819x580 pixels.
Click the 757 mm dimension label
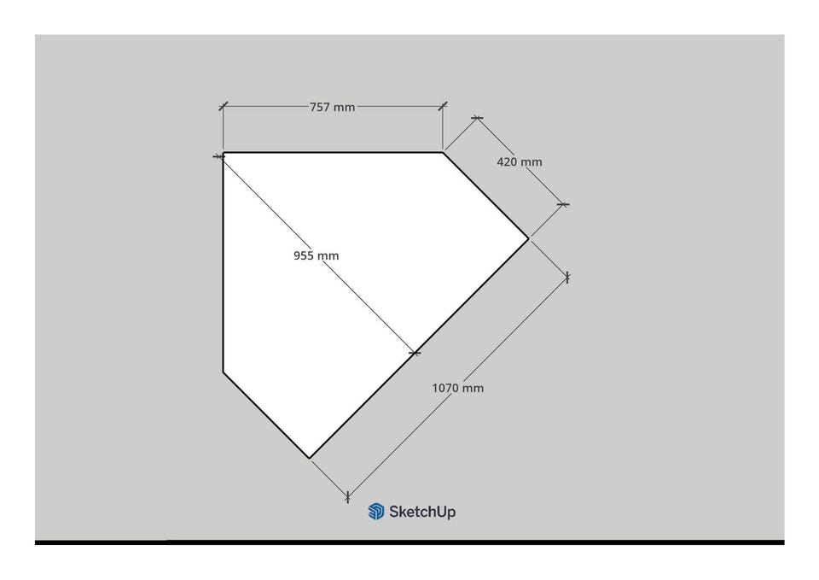[x=332, y=108]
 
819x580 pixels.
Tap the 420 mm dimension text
[x=520, y=162]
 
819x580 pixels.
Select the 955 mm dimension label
[x=316, y=255]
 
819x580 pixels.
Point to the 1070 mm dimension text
[x=457, y=388]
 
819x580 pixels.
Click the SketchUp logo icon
[x=376, y=512]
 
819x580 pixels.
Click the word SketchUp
[x=422, y=512]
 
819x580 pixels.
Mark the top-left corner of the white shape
[x=224, y=153]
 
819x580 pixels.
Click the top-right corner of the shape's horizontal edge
[x=443, y=152]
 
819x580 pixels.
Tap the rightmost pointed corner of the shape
[x=529, y=238]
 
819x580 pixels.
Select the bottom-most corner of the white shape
[x=310, y=459]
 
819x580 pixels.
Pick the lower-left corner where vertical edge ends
[x=224, y=372]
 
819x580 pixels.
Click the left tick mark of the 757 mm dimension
[x=223, y=107]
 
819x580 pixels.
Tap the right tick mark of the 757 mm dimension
[x=443, y=106]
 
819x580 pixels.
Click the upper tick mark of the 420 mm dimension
[x=477, y=118]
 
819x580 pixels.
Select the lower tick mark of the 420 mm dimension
[x=563, y=204]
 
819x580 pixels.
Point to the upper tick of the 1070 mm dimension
[x=567, y=278]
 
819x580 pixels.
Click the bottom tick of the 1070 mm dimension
[x=347, y=497]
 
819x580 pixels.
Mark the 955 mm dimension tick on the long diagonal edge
[x=415, y=354]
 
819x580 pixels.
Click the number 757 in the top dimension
[x=320, y=108]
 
